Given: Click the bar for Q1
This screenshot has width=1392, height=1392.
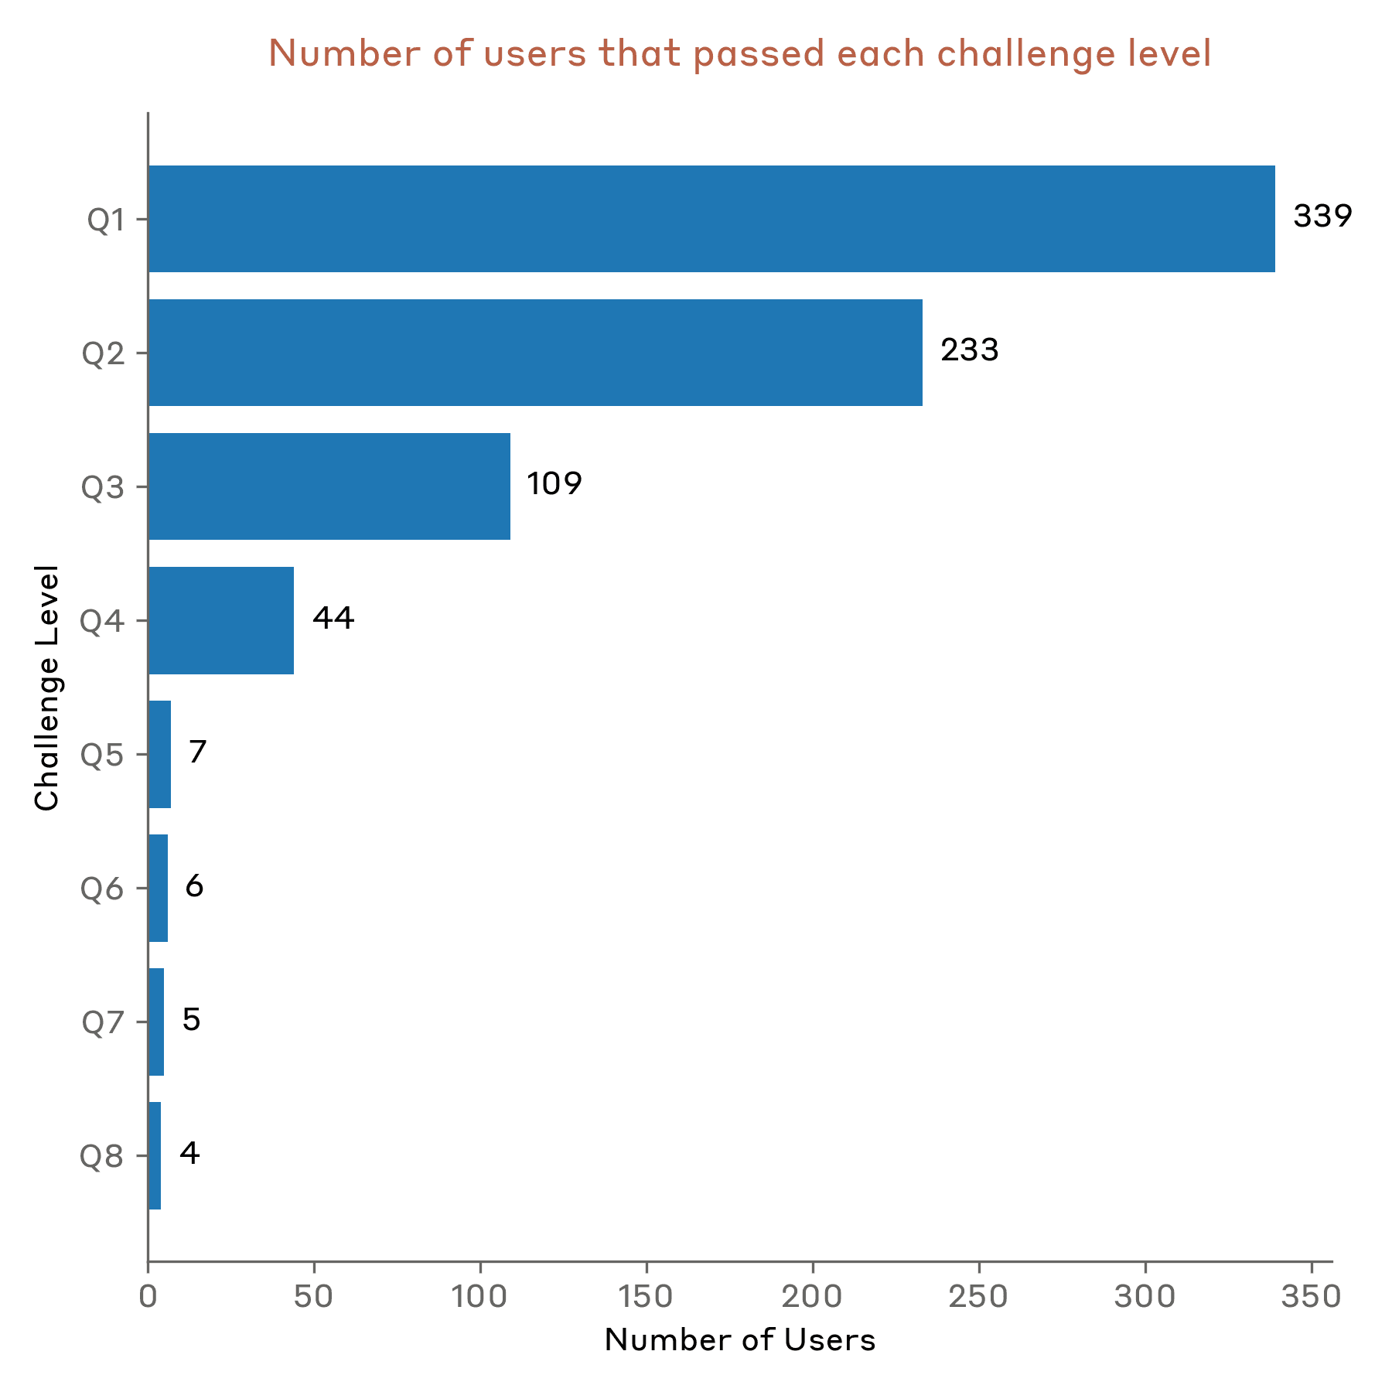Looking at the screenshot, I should click(x=711, y=219).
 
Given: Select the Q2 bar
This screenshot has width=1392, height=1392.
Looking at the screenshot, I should click(x=535, y=353).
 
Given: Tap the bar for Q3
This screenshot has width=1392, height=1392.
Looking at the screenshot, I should click(x=329, y=486).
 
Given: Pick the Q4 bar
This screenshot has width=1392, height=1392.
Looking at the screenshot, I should click(x=221, y=620).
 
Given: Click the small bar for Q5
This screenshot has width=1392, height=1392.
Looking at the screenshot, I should click(x=159, y=754).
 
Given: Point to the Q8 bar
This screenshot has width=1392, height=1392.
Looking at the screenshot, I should click(x=155, y=1155).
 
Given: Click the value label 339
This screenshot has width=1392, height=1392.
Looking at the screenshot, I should click(x=1322, y=217).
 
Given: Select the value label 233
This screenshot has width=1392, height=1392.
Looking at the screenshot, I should click(x=970, y=350).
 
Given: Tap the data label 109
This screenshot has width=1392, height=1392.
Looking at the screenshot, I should click(x=554, y=484).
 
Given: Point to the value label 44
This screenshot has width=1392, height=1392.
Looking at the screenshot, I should click(x=333, y=618).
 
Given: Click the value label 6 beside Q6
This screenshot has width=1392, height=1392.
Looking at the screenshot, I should click(x=194, y=885).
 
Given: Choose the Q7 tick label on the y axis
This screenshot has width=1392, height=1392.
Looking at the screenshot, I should click(x=103, y=1022).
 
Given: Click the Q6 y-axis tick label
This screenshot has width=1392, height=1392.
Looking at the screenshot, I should click(x=102, y=889).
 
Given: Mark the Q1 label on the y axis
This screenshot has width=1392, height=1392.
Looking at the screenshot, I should click(x=105, y=220).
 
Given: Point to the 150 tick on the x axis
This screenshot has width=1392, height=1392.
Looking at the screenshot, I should click(x=647, y=1298).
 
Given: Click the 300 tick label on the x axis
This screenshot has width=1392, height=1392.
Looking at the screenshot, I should click(x=1145, y=1298).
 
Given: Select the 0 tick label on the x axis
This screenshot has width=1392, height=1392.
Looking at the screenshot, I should click(x=148, y=1298).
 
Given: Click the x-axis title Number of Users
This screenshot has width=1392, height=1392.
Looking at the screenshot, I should click(x=740, y=1341).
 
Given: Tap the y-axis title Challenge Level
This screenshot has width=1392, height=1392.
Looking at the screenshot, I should click(x=48, y=687).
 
